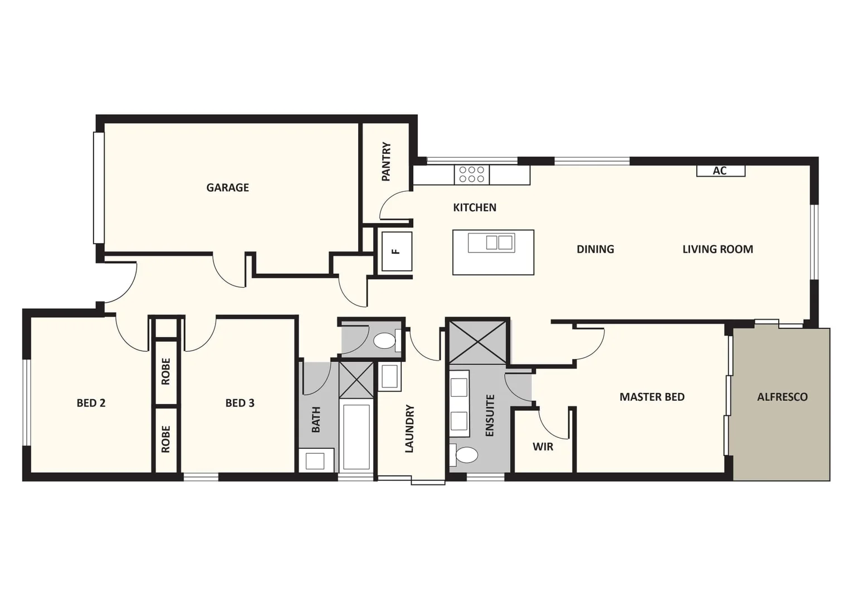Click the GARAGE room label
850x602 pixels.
[x=227, y=188]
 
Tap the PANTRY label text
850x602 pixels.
[x=386, y=162]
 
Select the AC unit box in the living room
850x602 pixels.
[x=720, y=171]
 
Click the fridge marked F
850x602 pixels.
[x=396, y=251]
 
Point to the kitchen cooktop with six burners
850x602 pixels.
[x=471, y=174]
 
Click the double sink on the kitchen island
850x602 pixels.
[x=491, y=242]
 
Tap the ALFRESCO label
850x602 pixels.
[x=781, y=397]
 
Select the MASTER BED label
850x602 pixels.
[x=652, y=397]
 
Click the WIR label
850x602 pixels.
[x=543, y=446]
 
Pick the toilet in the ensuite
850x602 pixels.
[x=465, y=455]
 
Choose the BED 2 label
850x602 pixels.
[x=91, y=403]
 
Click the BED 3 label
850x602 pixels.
[x=240, y=403]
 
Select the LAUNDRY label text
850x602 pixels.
[x=409, y=429]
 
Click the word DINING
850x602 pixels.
[x=595, y=249]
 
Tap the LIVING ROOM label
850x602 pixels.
[x=717, y=249]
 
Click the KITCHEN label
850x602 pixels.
[x=475, y=207]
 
